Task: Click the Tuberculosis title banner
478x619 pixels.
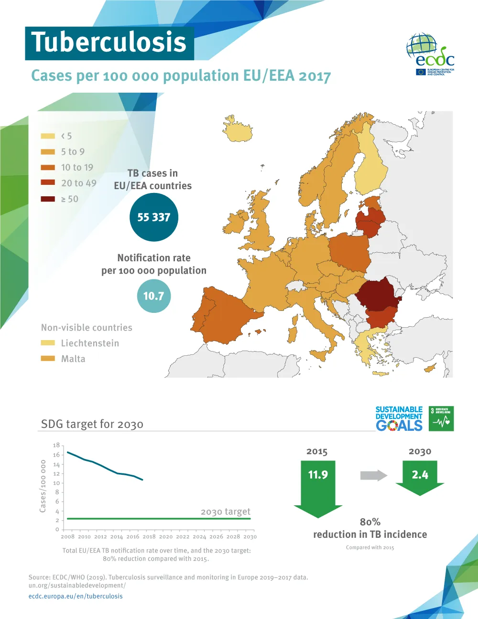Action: pyautogui.click(x=109, y=43)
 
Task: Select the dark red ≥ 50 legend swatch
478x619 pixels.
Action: pyautogui.click(x=48, y=199)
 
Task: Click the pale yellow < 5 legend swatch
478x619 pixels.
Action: pyautogui.click(x=48, y=136)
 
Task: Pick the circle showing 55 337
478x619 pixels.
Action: pyautogui.click(x=153, y=217)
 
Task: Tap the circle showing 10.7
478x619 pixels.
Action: pyautogui.click(x=153, y=296)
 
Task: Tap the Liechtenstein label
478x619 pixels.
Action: pyautogui.click(x=90, y=343)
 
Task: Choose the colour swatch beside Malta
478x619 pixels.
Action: pyautogui.click(x=48, y=359)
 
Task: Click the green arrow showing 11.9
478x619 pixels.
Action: pyautogui.click(x=318, y=485)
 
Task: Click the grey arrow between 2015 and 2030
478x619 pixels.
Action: pyautogui.click(x=373, y=475)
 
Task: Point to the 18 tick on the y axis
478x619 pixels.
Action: pyautogui.click(x=56, y=445)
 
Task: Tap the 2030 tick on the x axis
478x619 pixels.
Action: pyautogui.click(x=250, y=537)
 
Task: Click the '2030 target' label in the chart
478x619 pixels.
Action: pyautogui.click(x=225, y=512)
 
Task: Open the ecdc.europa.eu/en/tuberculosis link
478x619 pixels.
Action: pyautogui.click(x=76, y=596)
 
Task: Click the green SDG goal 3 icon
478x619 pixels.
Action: pyautogui.click(x=441, y=419)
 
